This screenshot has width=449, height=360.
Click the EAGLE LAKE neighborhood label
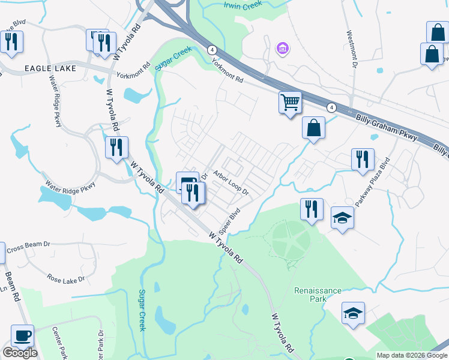(50, 68)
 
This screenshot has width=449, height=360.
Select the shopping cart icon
(290, 103)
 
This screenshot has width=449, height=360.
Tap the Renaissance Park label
(318, 295)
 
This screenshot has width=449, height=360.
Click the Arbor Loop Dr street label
(231, 183)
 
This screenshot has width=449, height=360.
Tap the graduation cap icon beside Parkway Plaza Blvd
(342, 218)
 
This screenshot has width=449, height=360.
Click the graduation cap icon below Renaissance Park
(353, 313)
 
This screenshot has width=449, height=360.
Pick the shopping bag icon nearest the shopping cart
(313, 128)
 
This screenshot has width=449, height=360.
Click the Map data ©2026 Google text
(411, 355)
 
